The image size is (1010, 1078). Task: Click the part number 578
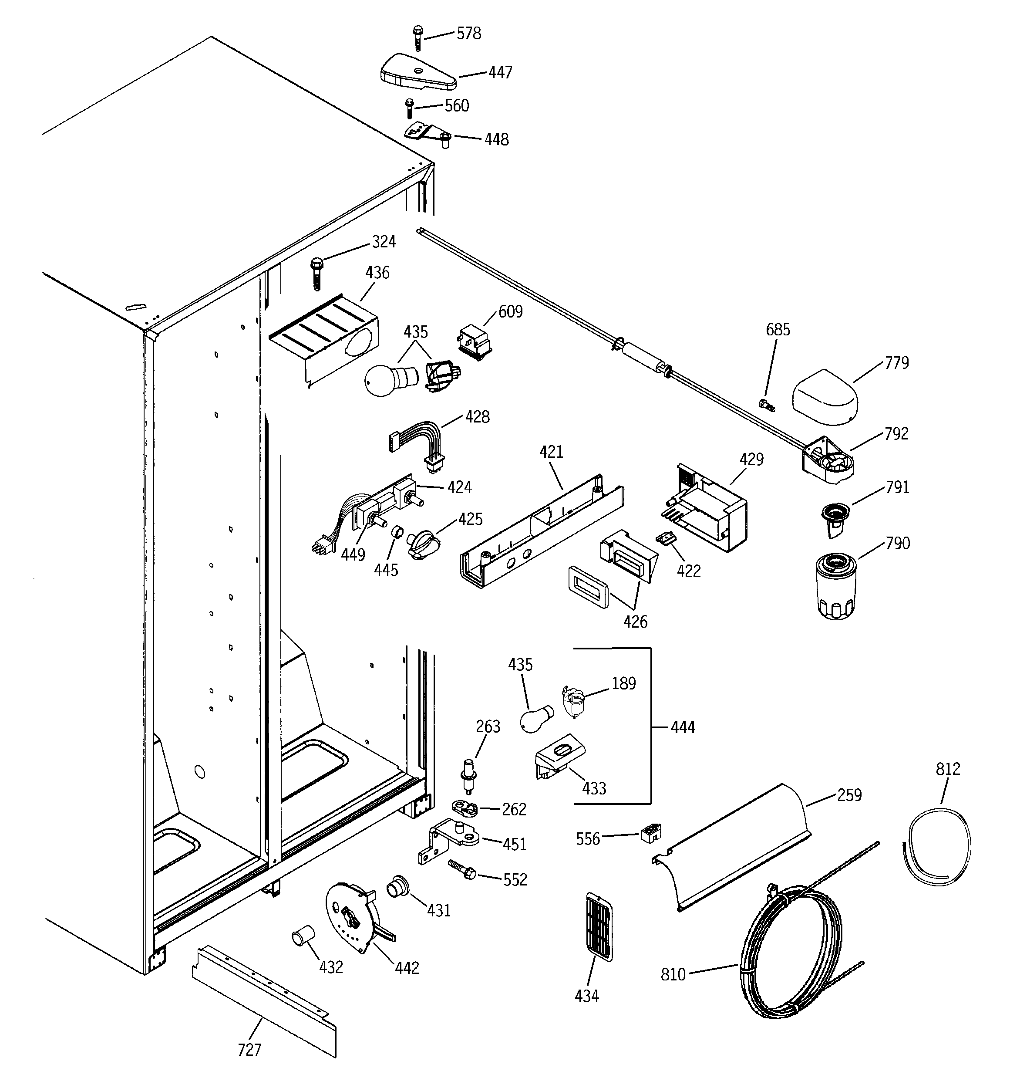pos(468,34)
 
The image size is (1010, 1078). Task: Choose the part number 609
pos(510,311)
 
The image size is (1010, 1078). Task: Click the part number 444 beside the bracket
pos(683,727)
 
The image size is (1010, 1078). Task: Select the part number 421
pos(551,452)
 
